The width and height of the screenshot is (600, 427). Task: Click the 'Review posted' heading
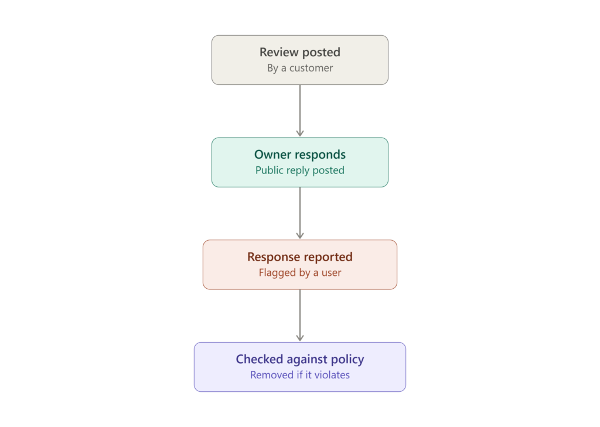[x=300, y=52]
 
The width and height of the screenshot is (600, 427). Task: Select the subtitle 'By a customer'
[x=300, y=68]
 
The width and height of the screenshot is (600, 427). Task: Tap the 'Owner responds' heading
[x=300, y=155]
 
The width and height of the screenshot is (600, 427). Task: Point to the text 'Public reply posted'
[x=300, y=170]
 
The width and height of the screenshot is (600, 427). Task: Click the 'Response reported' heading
[x=300, y=257]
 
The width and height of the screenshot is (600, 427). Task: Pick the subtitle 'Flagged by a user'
[x=300, y=272]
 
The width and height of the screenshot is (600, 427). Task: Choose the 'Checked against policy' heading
[x=300, y=359]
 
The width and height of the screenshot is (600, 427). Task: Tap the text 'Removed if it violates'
[x=300, y=375]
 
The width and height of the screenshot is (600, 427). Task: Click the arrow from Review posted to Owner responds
[x=300, y=111]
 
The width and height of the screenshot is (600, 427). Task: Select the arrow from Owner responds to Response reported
[x=300, y=213]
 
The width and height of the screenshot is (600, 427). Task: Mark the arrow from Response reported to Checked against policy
[x=300, y=315]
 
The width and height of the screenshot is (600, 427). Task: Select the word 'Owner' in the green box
[x=273, y=155]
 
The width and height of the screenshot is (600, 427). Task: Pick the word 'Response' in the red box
[x=271, y=257]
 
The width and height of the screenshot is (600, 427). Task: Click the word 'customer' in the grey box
[x=311, y=68]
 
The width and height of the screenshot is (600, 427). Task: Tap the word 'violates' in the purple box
[x=332, y=375]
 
